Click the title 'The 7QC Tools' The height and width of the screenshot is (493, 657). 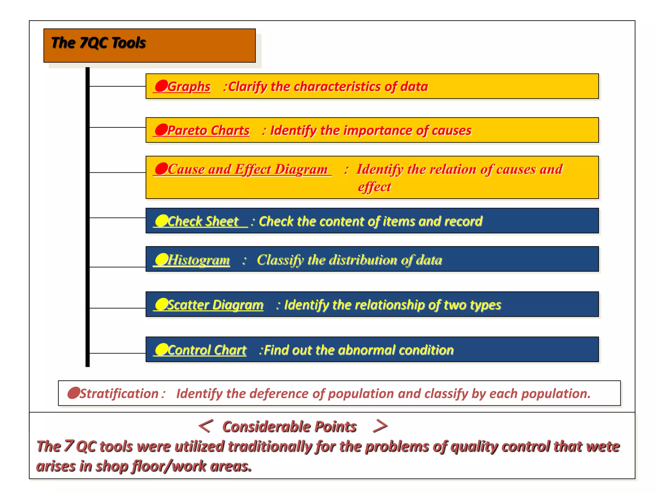coord(98,43)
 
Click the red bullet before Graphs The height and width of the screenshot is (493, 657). coord(161,86)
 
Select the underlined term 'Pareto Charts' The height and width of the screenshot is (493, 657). coord(208,131)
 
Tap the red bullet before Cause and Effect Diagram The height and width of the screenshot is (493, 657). coord(161,169)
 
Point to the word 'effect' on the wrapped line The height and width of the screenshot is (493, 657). coord(374,187)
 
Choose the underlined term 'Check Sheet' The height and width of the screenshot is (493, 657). coord(203,221)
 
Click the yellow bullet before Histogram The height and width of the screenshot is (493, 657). coord(161,259)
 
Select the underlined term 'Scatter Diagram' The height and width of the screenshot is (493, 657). coord(215,305)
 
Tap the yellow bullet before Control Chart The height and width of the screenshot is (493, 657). coord(161,349)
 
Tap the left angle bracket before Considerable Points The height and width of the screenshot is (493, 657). coord(205,426)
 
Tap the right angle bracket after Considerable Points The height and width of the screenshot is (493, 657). coord(380,426)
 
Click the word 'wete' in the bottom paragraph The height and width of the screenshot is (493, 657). coord(603,447)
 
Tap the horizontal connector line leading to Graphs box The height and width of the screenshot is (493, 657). coord(117,86)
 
